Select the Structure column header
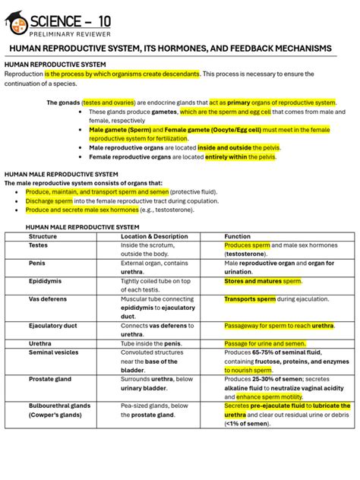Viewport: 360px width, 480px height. pyautogui.click(x=43, y=236)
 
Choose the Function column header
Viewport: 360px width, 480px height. pyautogui.click(x=237, y=236)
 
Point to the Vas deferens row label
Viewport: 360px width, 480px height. pyautogui.click(x=47, y=299)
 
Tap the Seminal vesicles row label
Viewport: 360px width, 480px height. pyautogui.click(x=53, y=352)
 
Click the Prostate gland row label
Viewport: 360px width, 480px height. pyautogui.click(x=50, y=379)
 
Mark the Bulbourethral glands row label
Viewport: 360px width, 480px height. pyautogui.click(x=59, y=406)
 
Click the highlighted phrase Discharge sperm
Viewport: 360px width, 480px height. pyautogui.click(x=48, y=201)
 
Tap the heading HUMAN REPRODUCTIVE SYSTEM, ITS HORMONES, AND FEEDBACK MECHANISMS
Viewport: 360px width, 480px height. pyautogui.click(x=170, y=49)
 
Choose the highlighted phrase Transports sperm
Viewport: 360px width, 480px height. pyautogui.click(x=250, y=299)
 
